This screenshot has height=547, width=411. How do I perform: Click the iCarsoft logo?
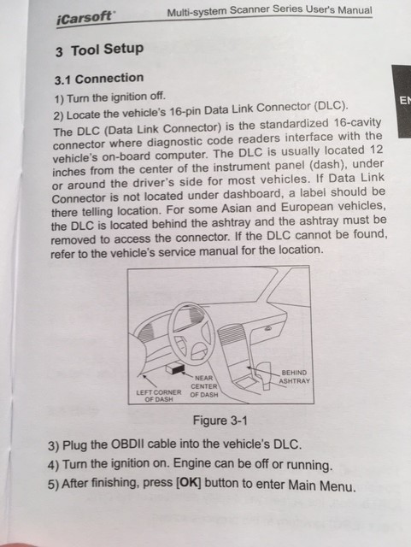84,18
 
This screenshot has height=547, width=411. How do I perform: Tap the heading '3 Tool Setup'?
99,50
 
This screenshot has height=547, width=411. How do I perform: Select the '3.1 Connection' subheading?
99,79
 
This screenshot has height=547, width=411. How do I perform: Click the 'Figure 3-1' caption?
220,421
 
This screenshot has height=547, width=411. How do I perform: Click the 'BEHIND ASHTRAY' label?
294,377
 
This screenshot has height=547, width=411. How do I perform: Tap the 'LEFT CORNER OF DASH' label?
159,396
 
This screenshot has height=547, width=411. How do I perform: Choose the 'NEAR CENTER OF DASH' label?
204,386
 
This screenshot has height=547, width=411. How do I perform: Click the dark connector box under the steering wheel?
175,368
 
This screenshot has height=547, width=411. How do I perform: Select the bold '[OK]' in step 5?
189,483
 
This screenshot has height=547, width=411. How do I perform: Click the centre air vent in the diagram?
231,336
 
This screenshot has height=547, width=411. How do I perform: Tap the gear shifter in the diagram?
265,375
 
